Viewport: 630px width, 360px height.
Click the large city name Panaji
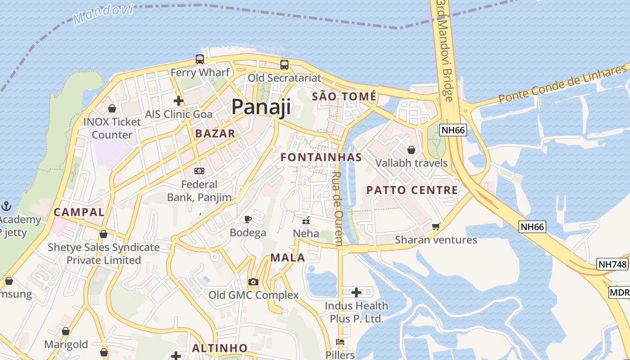tap(261, 107)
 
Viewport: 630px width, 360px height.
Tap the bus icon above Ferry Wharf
tap(200, 59)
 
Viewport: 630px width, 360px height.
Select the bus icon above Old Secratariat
tap(284, 64)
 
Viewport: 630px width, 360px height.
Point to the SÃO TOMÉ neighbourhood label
tap(344, 96)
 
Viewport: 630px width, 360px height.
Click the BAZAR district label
tap(215, 133)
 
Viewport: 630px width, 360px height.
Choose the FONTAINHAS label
tap(321, 157)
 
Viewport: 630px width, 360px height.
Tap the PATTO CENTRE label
tap(412, 190)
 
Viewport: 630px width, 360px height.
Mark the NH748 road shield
tap(612, 264)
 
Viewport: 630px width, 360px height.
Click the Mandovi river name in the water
tap(103, 14)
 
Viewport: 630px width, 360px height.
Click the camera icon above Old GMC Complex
tap(253, 282)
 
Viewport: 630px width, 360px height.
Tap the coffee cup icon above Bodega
tap(247, 220)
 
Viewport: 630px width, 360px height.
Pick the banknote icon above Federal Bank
tap(199, 171)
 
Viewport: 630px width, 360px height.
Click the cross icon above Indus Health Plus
tap(356, 292)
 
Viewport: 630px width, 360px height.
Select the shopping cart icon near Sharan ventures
tap(436, 226)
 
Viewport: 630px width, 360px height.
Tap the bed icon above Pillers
tap(340, 342)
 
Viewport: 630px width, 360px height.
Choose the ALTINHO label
tap(220, 348)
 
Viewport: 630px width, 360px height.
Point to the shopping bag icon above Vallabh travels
tap(411, 150)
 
